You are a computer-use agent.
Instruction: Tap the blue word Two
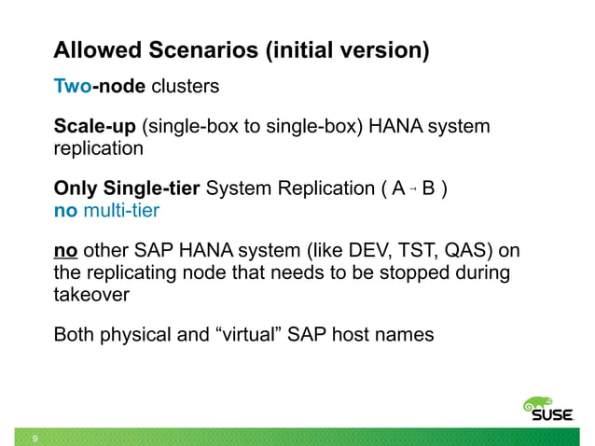coord(71,88)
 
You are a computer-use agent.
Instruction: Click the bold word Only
coord(75,189)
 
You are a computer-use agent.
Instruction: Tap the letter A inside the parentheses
coord(398,189)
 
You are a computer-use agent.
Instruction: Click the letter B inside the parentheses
coord(429,189)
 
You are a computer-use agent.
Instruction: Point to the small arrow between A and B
coord(414,190)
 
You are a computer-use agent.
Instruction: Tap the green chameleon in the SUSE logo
coord(539,404)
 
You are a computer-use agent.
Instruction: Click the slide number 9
coord(35,439)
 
